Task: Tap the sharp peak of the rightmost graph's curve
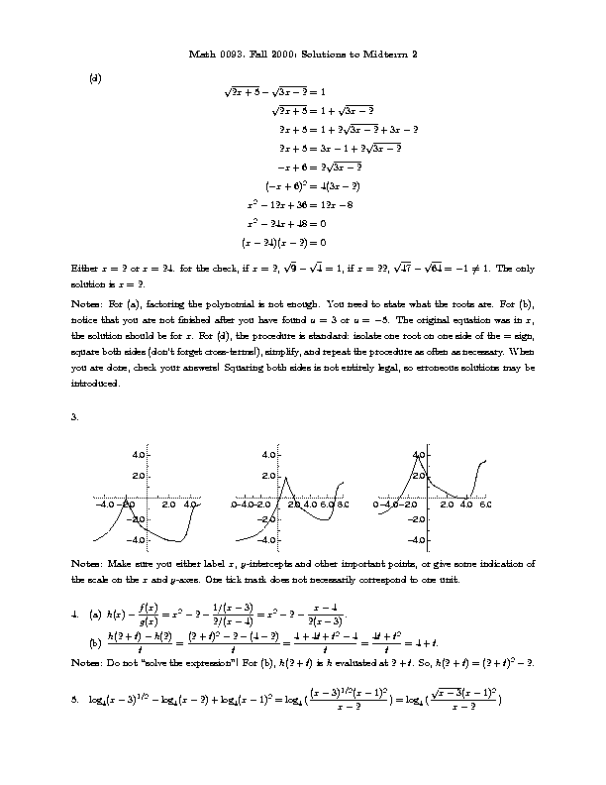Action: pyautogui.click(x=416, y=455)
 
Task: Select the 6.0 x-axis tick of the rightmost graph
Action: pyautogui.click(x=485, y=505)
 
